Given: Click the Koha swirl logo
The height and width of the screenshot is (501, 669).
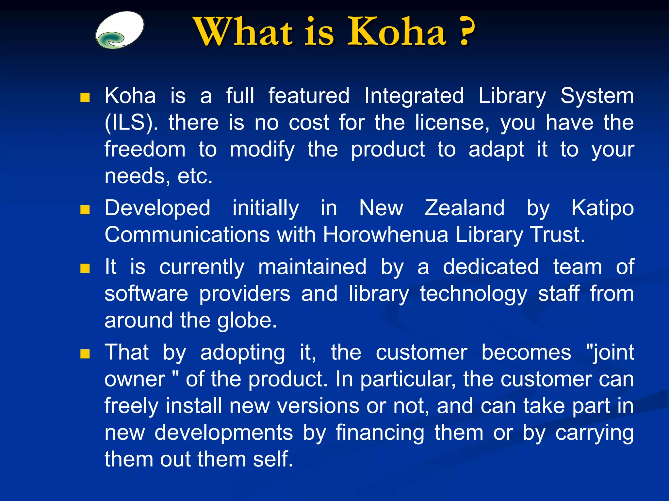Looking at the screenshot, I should [x=120, y=30].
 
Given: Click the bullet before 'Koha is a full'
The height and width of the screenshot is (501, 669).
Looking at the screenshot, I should [x=85, y=97].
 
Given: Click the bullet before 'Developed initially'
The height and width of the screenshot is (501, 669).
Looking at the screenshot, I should [x=85, y=209].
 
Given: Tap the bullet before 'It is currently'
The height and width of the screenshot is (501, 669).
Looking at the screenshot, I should [x=85, y=268].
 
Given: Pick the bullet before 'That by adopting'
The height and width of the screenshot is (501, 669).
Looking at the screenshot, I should [x=85, y=354].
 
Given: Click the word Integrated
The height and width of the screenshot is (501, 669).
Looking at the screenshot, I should [x=414, y=96].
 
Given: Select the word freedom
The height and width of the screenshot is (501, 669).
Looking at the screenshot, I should [x=145, y=149].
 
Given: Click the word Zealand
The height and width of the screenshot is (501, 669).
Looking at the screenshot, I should [x=464, y=208].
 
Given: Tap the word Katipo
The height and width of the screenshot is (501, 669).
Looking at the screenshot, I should [x=603, y=209].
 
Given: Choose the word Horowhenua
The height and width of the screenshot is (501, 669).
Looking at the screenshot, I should [x=385, y=235].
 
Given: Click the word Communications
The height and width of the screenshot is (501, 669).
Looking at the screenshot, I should [x=187, y=235].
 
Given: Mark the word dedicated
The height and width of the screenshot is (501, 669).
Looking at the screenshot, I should [x=491, y=267].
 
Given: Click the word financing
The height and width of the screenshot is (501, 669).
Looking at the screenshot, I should [x=380, y=433].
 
